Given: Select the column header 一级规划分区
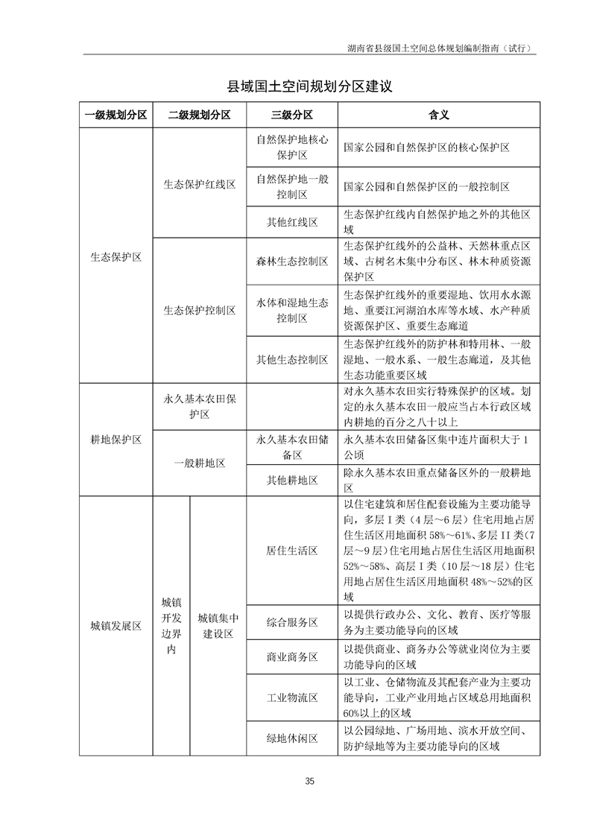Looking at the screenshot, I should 116,115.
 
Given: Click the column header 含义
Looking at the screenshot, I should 438,115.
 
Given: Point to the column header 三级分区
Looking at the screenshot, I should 292,115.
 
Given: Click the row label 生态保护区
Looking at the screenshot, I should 116,257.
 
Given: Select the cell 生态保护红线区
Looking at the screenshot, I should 199,184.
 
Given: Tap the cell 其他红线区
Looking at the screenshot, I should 292,222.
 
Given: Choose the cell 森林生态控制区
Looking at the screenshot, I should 292,261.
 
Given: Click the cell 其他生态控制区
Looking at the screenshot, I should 292,359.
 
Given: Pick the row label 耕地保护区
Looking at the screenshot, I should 116,440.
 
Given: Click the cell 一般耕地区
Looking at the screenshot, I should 199,463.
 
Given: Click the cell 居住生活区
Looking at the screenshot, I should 292,551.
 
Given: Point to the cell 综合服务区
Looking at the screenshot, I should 292,622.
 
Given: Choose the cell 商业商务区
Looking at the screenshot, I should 292,657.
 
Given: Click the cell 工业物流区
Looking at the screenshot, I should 292,698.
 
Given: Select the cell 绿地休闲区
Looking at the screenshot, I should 292,738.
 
